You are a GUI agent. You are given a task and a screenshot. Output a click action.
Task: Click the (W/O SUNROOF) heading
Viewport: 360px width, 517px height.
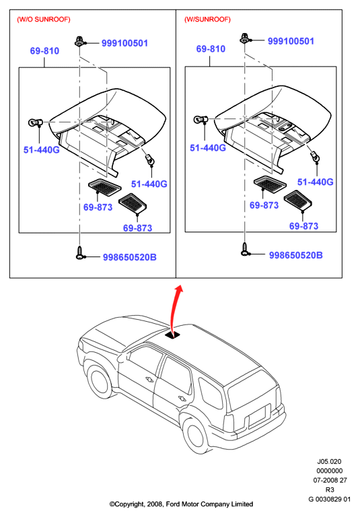click(44, 20)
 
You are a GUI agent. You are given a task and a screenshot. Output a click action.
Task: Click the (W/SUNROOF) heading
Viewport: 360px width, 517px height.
click(207, 20)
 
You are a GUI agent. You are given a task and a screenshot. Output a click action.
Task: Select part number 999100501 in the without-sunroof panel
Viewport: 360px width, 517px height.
click(124, 43)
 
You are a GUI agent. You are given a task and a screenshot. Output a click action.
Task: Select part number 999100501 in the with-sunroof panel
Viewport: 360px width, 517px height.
click(291, 41)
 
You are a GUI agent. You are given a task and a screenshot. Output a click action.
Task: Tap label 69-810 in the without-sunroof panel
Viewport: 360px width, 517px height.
click(44, 50)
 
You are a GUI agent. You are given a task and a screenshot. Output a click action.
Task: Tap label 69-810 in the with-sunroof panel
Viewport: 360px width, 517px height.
click(211, 48)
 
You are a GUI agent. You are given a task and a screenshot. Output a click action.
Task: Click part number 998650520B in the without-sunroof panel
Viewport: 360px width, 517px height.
click(130, 257)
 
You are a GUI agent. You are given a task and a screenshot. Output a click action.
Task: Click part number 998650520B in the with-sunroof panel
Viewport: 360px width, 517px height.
click(295, 255)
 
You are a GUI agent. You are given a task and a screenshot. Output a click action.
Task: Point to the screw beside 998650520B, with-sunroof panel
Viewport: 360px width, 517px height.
click(245, 249)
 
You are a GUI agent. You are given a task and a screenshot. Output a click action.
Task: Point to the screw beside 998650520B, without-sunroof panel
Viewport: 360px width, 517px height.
click(79, 252)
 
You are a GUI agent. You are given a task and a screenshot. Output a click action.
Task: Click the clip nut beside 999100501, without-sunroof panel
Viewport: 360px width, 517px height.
click(79, 41)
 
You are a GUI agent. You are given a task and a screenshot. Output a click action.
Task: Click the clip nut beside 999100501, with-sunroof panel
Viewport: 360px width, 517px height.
click(245, 38)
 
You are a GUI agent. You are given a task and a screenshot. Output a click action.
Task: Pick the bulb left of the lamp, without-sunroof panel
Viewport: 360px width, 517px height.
click(35, 123)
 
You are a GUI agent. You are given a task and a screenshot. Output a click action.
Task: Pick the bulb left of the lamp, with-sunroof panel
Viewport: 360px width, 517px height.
click(201, 119)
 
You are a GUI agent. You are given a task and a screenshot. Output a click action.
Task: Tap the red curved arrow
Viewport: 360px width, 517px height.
click(174, 309)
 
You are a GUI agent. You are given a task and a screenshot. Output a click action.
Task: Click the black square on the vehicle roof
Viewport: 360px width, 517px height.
click(173, 335)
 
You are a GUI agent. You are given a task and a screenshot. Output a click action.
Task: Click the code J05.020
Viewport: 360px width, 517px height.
click(329, 462)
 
